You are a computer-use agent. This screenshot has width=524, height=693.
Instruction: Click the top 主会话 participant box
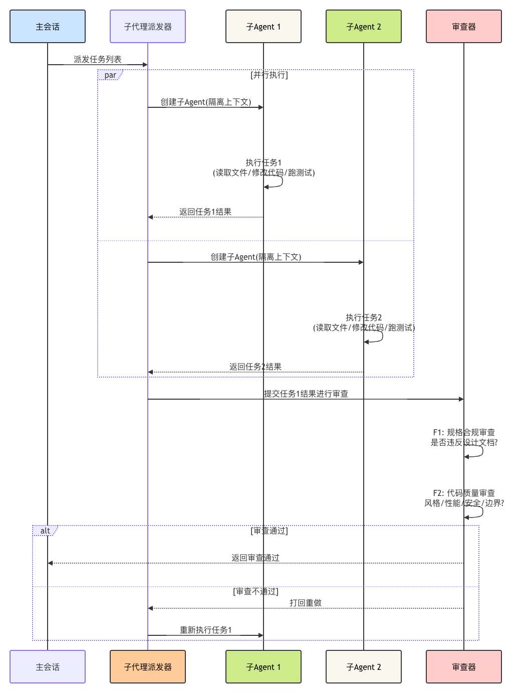click(x=47, y=26)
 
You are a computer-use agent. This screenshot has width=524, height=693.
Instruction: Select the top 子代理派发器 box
click(x=148, y=26)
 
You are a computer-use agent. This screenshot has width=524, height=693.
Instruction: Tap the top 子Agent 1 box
click(x=264, y=26)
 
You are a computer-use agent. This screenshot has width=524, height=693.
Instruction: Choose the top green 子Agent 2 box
click(x=364, y=26)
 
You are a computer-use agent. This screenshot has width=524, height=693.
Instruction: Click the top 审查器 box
click(x=464, y=26)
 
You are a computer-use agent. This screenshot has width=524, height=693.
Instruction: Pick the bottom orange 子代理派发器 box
click(x=148, y=666)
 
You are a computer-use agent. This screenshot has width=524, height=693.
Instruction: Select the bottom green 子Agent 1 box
click(x=264, y=666)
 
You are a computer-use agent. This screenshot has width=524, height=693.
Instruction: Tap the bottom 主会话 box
click(x=47, y=666)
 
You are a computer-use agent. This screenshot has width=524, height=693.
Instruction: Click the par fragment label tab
click(x=110, y=75)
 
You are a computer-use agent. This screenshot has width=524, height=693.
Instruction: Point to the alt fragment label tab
click(x=45, y=531)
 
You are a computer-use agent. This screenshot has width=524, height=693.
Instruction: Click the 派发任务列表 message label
click(x=97, y=59)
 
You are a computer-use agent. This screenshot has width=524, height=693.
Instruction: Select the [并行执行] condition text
click(x=269, y=75)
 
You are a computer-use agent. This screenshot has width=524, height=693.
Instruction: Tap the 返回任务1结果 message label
click(x=205, y=212)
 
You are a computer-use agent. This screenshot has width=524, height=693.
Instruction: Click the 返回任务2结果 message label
click(x=255, y=367)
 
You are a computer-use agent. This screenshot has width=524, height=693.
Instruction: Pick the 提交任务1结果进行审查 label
click(x=306, y=394)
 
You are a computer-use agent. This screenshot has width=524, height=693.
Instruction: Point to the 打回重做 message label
click(x=306, y=603)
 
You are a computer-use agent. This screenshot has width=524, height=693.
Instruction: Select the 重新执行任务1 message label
click(x=205, y=630)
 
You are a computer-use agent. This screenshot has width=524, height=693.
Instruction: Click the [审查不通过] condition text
click(x=255, y=591)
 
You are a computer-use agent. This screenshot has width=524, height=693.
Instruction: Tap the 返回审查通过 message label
click(x=255, y=558)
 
